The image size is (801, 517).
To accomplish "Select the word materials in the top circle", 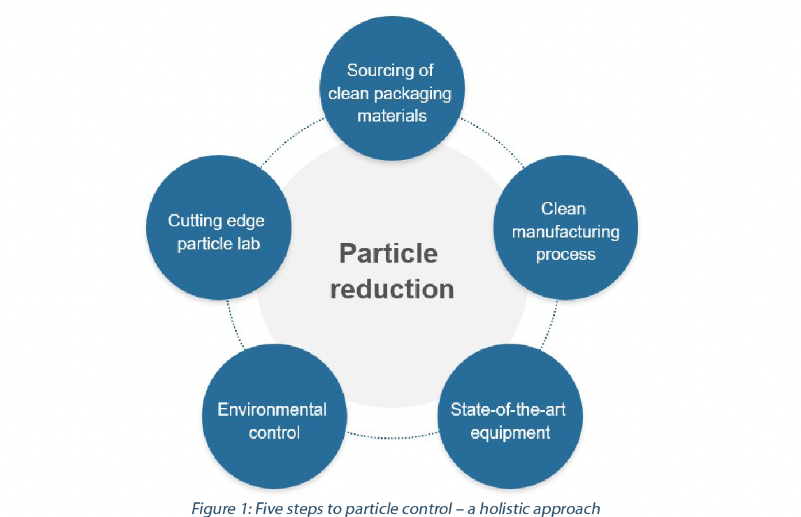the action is click(392, 116).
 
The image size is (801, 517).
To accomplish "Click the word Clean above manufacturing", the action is click(563, 208).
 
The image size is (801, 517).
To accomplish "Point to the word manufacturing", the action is click(565, 232).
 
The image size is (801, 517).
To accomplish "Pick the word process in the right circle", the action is click(565, 254).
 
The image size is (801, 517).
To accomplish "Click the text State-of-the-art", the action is click(508, 409).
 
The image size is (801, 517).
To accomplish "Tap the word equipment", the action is click(510, 432).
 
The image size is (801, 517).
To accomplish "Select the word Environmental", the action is click(272, 409).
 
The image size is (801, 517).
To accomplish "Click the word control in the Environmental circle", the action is click(274, 432).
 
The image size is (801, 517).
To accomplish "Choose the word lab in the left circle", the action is click(249, 244).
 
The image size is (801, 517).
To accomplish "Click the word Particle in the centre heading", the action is click(389, 254).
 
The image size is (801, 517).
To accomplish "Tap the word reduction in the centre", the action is click(392, 289).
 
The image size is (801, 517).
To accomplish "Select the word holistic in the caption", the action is click(501, 509).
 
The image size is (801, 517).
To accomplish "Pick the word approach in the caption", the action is click(563, 509).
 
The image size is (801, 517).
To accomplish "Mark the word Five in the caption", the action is click(268, 509).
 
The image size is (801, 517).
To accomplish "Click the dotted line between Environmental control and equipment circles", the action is click(392, 437).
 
